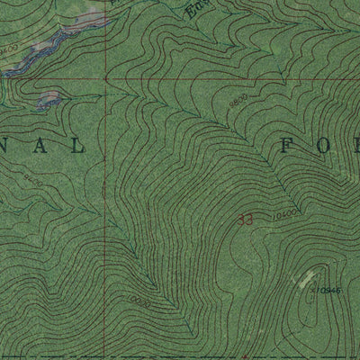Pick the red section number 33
coord(246,219)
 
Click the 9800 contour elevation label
coord(237,104)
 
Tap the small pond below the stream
coord(49,97)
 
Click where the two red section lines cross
coord(103,78)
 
